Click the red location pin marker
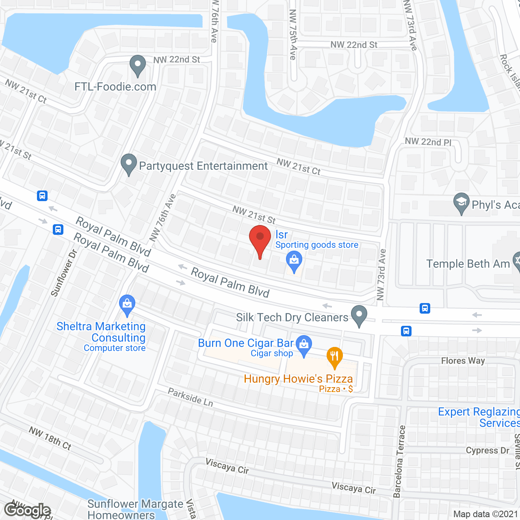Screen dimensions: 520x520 260,240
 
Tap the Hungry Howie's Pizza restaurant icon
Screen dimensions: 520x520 334,356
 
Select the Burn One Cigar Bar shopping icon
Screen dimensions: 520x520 303,344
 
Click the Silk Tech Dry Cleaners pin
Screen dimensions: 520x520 359,315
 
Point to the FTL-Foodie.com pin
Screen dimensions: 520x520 138,65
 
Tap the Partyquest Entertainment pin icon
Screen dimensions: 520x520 129,164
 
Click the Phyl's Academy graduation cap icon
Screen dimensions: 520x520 461,202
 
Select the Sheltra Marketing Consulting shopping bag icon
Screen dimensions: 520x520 127,304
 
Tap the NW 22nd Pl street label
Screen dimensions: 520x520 428,142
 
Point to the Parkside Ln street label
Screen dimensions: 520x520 191,397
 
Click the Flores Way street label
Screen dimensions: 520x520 463,361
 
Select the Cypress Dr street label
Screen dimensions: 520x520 487,451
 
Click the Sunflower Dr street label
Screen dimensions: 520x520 64,273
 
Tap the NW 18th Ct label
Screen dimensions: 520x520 50,438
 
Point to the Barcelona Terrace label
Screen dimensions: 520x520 399,461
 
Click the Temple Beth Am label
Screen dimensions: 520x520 468,264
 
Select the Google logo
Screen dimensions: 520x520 27,510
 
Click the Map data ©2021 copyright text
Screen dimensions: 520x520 486,514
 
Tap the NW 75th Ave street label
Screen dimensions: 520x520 293,35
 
